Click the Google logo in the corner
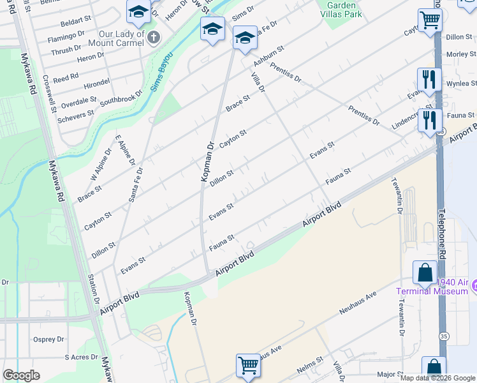21,375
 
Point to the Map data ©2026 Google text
437,378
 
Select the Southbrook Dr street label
121,98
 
